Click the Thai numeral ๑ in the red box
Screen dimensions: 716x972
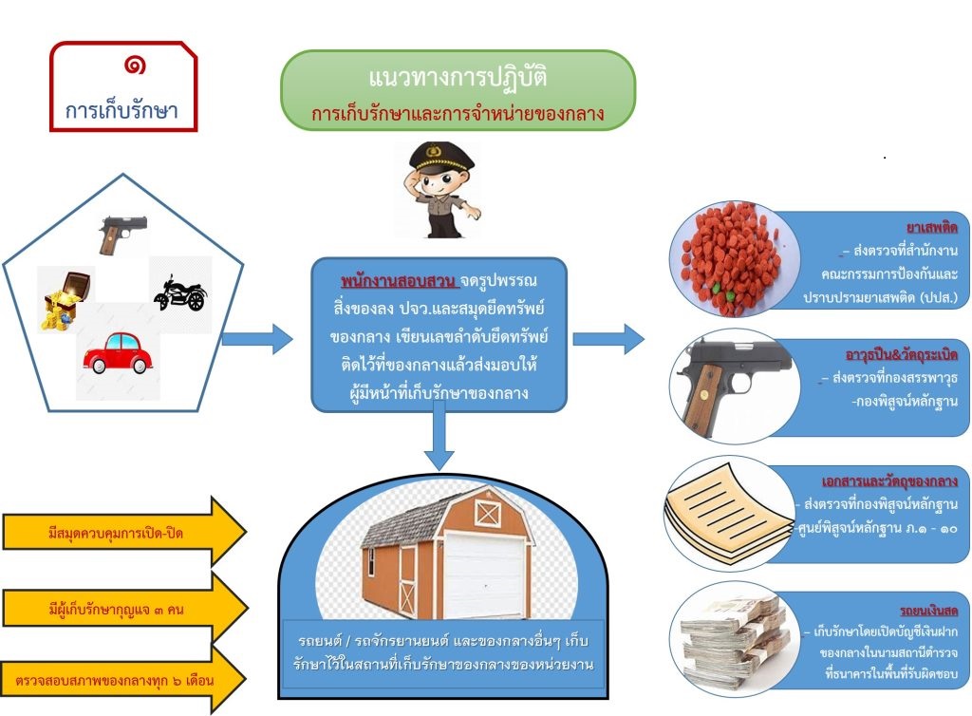134,66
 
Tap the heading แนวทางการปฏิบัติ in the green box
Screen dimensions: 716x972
458,78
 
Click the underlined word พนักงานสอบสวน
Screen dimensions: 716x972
399,282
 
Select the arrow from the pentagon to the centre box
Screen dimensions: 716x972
256,337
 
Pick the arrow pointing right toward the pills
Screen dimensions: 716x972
608,337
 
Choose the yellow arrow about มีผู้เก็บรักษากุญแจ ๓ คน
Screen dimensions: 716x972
123,609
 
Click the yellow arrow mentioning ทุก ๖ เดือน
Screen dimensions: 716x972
123,681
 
